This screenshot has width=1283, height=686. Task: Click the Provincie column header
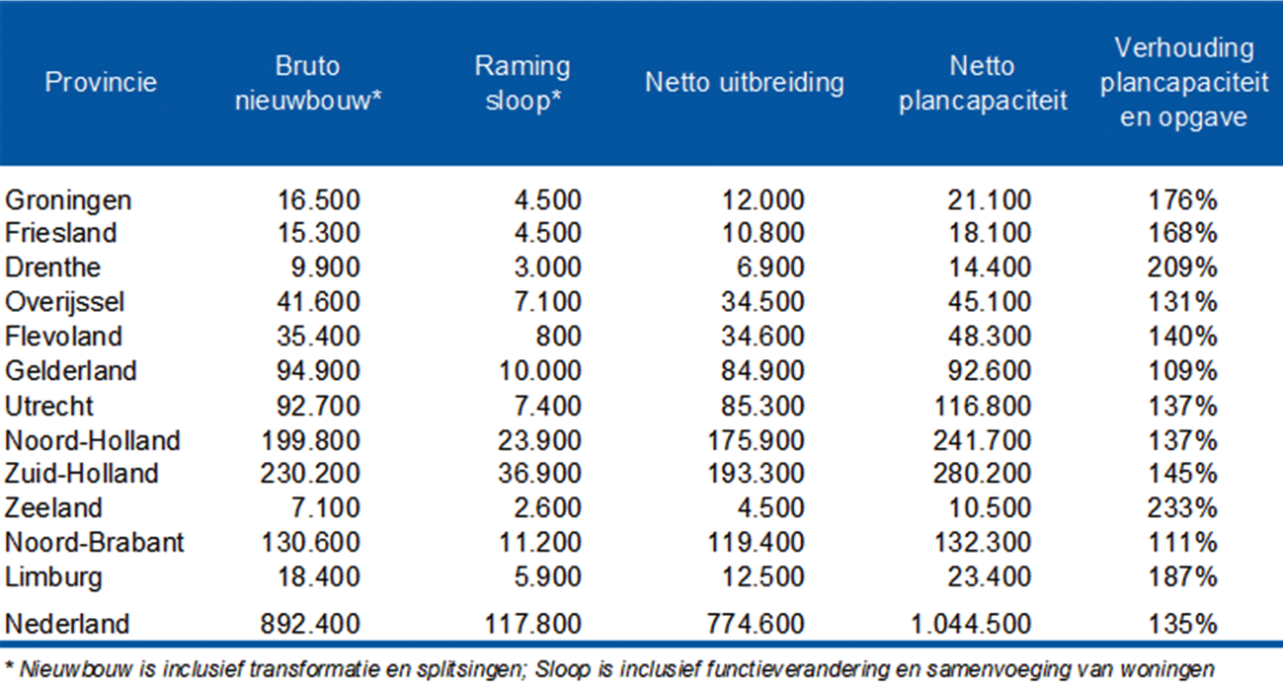click(x=101, y=82)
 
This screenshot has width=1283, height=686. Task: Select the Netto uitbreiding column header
click(x=744, y=82)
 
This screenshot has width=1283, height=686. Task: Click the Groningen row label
click(x=68, y=200)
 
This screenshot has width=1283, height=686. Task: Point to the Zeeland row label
click(x=53, y=508)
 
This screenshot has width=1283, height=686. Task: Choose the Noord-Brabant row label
click(x=95, y=543)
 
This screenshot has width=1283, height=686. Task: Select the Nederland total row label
click(x=67, y=625)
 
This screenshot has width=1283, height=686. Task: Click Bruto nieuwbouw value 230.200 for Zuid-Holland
click(x=311, y=474)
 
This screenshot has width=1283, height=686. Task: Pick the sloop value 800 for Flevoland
click(x=559, y=337)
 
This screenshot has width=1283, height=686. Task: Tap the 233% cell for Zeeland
click(x=1182, y=508)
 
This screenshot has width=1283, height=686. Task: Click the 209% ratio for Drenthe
click(x=1182, y=268)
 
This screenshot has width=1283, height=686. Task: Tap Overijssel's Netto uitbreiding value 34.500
click(x=762, y=303)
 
